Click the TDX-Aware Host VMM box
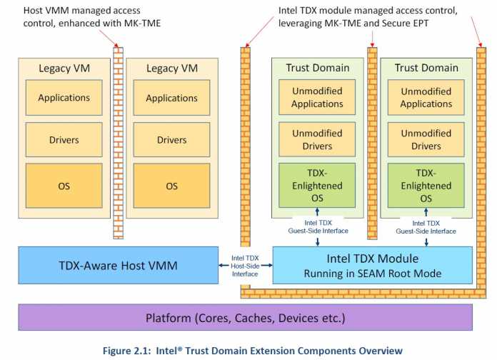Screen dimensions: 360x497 pyautogui.click(x=119, y=266)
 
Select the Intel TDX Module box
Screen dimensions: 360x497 pyautogui.click(x=372, y=265)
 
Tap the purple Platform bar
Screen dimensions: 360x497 pyautogui.click(x=245, y=316)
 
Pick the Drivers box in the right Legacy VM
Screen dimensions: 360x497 pyautogui.click(x=171, y=140)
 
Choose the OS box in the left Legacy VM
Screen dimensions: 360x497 pyautogui.click(x=63, y=186)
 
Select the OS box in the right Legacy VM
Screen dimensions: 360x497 pyautogui.click(x=171, y=186)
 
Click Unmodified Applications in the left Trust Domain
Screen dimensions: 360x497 pyautogui.click(x=317, y=98)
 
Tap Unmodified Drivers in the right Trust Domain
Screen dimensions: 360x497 pyautogui.click(x=426, y=140)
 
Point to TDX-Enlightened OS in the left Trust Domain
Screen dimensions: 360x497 pyautogui.click(x=317, y=186)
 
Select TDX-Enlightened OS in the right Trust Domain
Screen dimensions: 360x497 pyautogui.click(x=426, y=186)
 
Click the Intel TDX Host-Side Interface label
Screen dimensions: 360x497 pyautogui.click(x=246, y=265)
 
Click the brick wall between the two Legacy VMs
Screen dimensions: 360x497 pyautogui.click(x=118, y=143)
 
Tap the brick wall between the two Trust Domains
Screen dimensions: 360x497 pyautogui.click(x=371, y=143)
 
